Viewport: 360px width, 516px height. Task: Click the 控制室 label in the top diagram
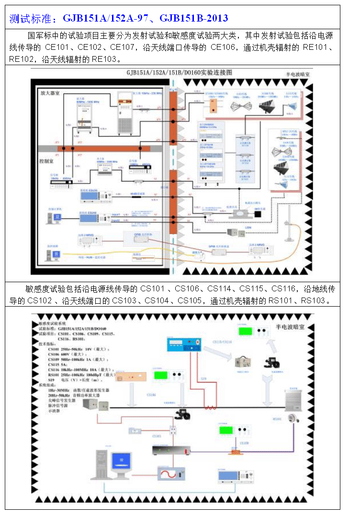coord(47,162)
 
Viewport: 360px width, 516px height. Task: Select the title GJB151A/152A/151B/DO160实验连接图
coord(179,73)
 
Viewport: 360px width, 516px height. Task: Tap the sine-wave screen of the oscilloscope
coord(170,476)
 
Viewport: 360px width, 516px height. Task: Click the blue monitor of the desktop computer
coord(121,462)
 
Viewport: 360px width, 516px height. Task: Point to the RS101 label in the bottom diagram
coord(277,419)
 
